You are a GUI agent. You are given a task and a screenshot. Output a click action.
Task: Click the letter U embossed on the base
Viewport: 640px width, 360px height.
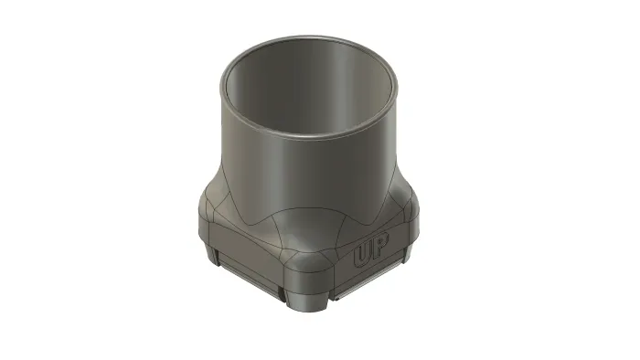362,255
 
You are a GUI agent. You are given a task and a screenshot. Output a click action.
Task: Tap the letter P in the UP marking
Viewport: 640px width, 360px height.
380,245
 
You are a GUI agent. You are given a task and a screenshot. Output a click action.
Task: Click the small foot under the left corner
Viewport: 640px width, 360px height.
212,254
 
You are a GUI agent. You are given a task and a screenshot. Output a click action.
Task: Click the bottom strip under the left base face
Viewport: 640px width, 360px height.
249,277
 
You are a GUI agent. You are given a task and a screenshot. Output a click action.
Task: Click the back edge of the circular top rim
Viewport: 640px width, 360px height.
309,37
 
